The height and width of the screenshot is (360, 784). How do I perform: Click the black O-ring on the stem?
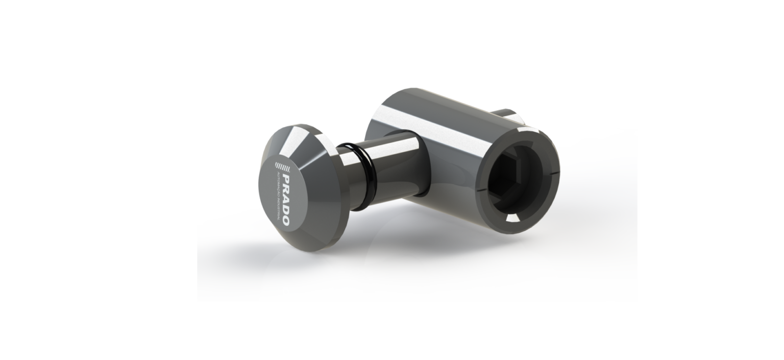[x=357, y=153]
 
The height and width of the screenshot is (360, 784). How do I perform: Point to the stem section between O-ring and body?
[x=383, y=148]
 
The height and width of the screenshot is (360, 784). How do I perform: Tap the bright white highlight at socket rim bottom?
[x=512, y=218]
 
